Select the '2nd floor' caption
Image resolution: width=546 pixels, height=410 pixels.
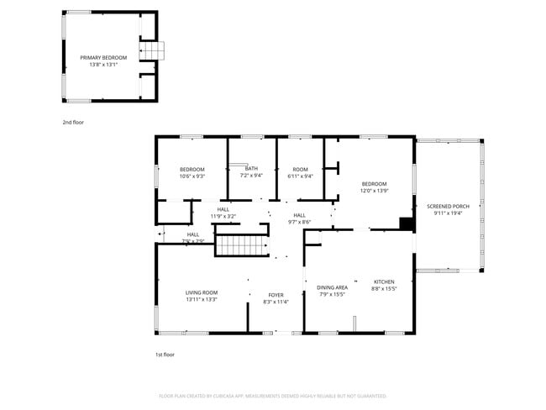[73, 123]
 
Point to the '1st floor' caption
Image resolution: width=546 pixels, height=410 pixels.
[165, 355]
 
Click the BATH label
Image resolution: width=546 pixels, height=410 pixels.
[251, 169]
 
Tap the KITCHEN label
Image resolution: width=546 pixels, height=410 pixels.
[384, 281]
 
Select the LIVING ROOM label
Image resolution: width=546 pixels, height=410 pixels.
[202, 292]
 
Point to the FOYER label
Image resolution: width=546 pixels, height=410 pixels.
[276, 295]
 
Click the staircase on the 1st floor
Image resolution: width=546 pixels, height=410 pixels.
[240, 245]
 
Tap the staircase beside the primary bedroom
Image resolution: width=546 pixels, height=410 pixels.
[153, 50]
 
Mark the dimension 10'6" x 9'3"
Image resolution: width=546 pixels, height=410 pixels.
[192, 176]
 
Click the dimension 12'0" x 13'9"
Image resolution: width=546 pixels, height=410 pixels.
[374, 191]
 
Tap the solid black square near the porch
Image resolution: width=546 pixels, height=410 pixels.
[407, 223]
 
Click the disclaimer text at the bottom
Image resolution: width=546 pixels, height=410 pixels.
[273, 395]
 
